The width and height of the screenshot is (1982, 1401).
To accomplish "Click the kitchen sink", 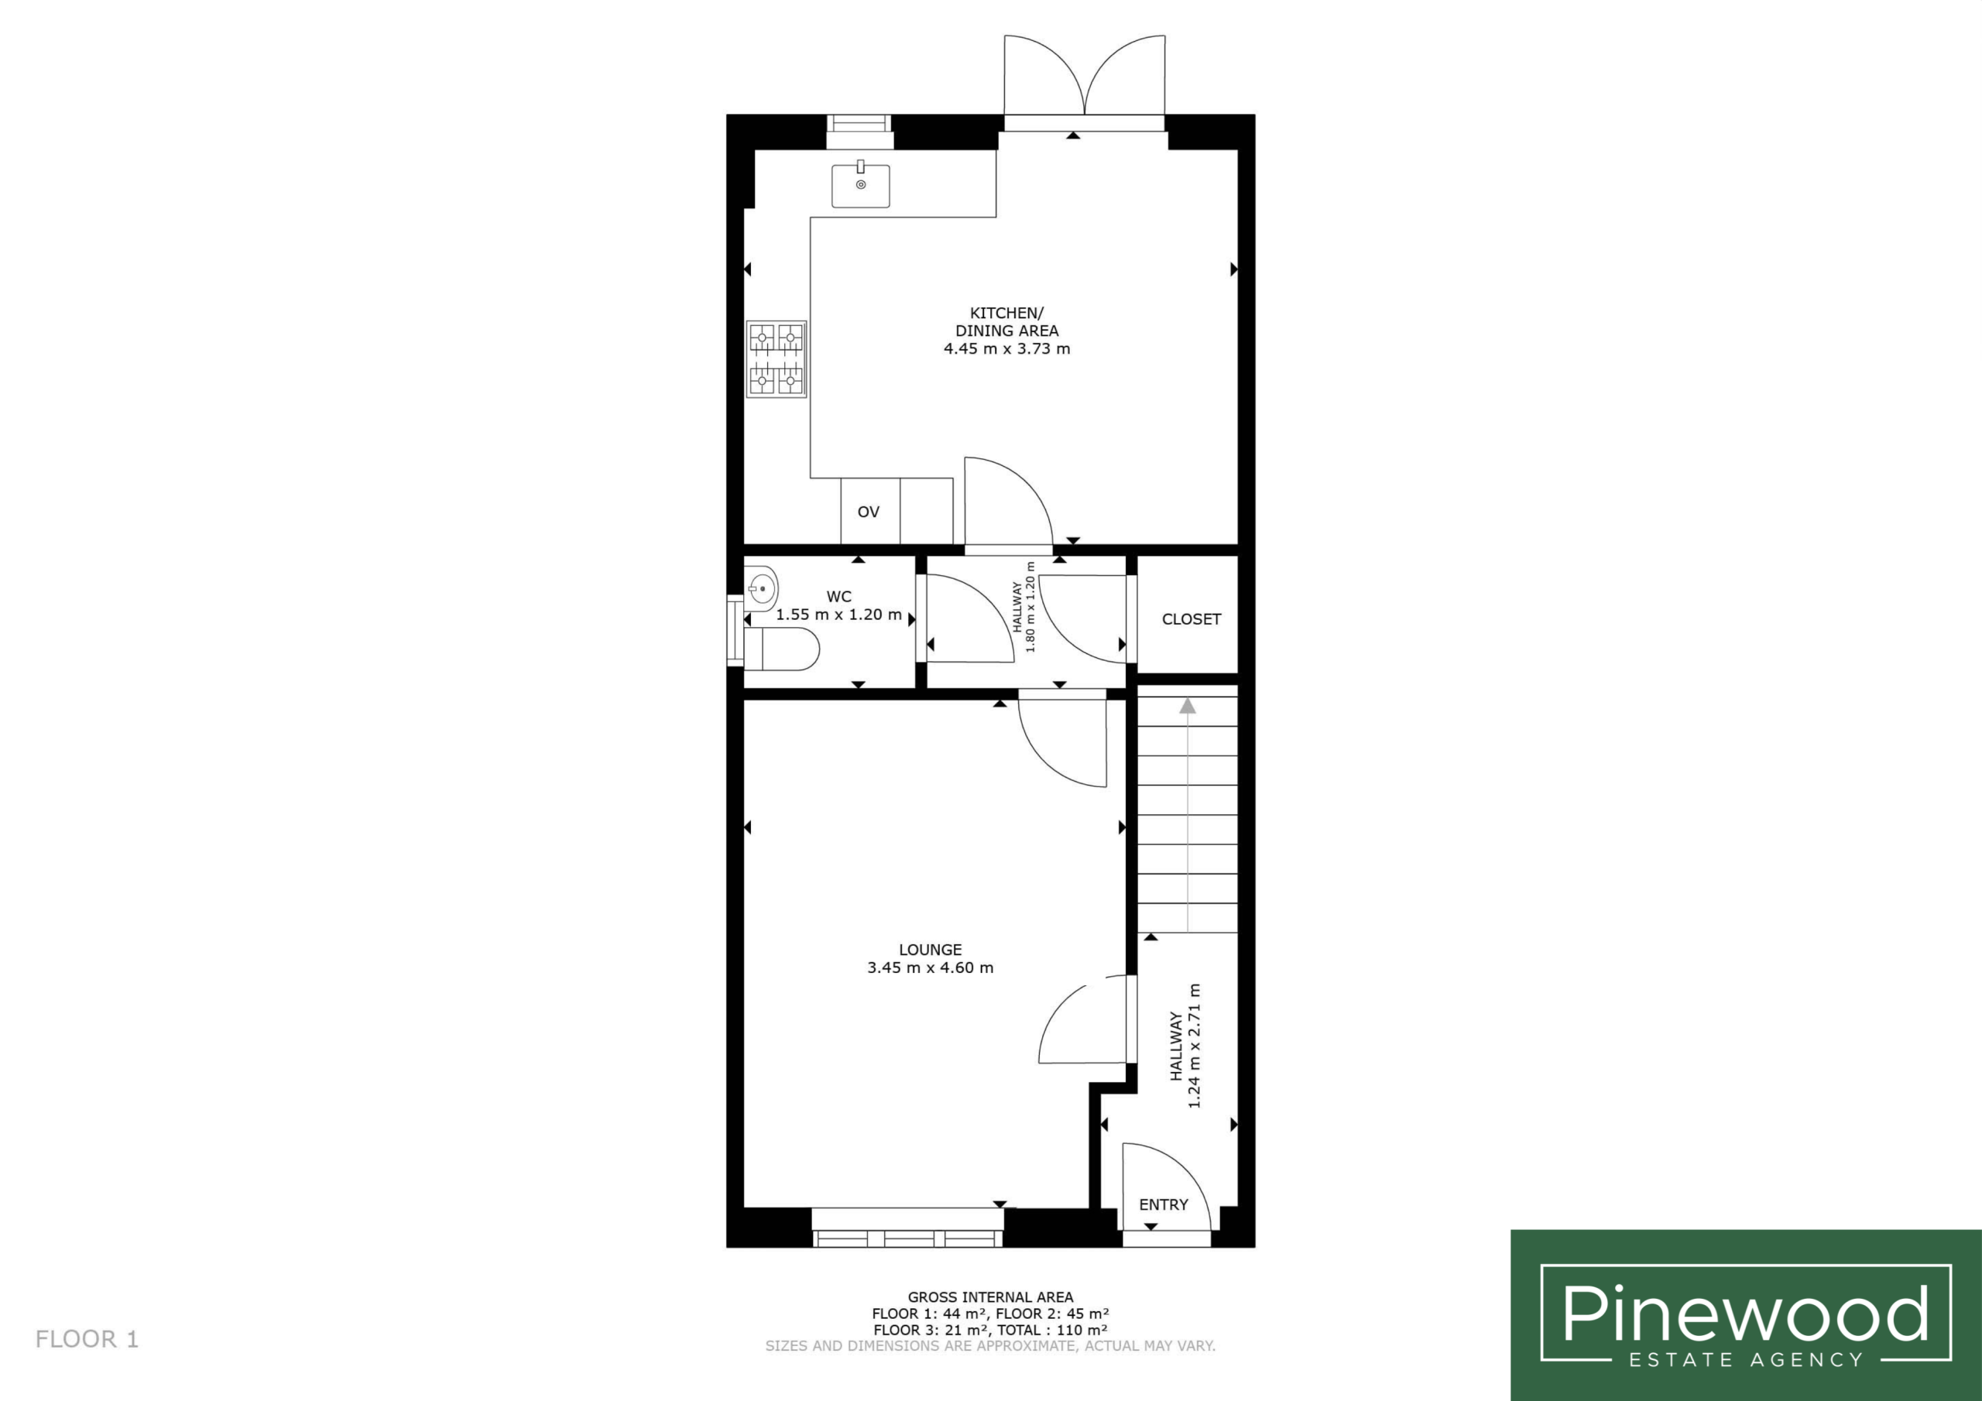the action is (861, 185).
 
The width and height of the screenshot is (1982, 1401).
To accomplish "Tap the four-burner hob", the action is (776, 359).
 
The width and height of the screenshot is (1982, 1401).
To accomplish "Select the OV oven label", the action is (869, 512).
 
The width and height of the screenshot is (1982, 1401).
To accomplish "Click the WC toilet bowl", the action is (781, 649).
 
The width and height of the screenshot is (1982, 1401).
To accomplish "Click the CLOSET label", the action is (1192, 619).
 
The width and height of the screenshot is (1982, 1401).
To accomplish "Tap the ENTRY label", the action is (1164, 1204).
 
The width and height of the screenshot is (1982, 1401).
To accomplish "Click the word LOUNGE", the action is (930, 950).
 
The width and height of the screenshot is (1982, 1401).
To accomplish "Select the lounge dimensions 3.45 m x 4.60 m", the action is (930, 968).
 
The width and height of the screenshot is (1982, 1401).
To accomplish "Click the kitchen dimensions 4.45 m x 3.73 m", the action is (1006, 349).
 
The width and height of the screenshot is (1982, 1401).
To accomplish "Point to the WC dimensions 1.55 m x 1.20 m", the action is (839, 615).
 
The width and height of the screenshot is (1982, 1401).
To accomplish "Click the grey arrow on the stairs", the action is (1188, 815).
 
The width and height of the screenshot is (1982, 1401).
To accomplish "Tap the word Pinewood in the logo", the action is (1745, 1314).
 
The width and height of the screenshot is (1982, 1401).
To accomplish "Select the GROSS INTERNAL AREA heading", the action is (990, 1297).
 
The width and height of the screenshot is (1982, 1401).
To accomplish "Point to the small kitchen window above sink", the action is (859, 123).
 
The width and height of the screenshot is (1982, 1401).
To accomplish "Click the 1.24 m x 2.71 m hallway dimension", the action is (1195, 1046).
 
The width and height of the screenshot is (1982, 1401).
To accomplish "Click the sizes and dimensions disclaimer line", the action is (990, 1346).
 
